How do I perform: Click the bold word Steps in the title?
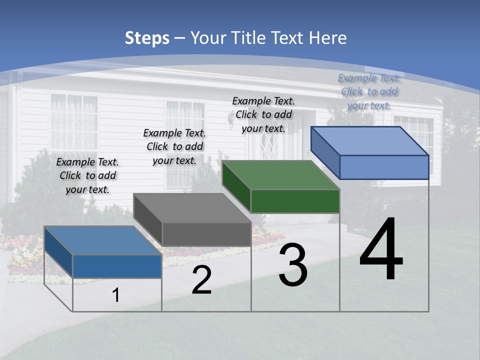coord(147,38)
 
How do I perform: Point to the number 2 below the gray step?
coord(201,280)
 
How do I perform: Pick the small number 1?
coord(116,295)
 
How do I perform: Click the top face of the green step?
coord(280,175)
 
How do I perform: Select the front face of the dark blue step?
coord(117,266)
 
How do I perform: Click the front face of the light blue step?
coord(384,167)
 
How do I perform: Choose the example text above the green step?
coord(263,114)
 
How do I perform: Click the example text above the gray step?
coord(174,146)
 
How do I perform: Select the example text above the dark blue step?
coord(87,175)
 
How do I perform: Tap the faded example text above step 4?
coord(369,91)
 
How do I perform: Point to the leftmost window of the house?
coord(73,122)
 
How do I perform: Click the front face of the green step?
coord(295,201)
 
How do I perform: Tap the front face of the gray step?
coord(206,234)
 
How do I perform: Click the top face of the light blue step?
coord(370,141)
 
